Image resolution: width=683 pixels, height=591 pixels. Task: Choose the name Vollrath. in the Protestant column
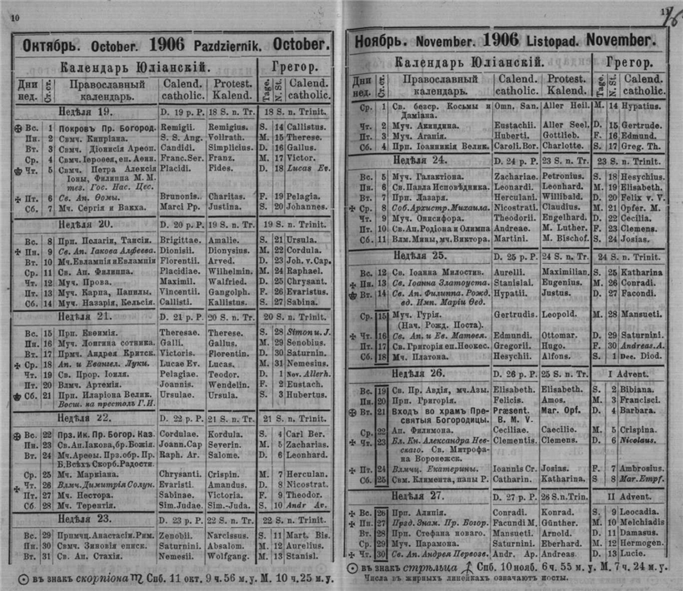[x=224, y=136]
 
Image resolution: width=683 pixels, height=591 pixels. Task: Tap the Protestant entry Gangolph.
[x=227, y=293]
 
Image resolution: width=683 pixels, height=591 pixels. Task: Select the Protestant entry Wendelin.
[x=227, y=385]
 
